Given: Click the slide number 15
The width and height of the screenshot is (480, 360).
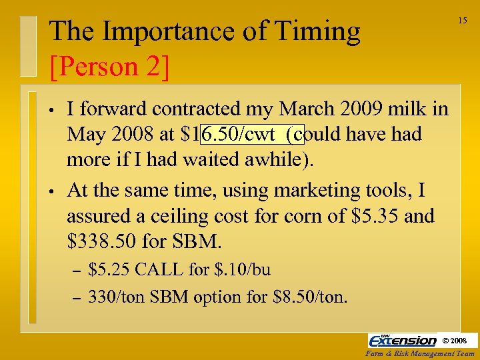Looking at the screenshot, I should point(462,21).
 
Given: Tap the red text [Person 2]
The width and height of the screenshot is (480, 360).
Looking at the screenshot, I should point(109,65).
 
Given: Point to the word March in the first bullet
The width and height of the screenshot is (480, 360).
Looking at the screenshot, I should point(315,109).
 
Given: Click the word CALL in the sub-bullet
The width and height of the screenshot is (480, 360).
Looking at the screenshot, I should point(159,270).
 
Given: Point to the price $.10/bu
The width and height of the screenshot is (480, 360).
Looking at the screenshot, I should point(241,270).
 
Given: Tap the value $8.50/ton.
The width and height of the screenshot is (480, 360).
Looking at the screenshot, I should point(311,296).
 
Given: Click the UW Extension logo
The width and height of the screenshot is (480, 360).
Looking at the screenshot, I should point(403,340).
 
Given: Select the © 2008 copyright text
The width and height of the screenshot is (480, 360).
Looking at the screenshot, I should point(459,341).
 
